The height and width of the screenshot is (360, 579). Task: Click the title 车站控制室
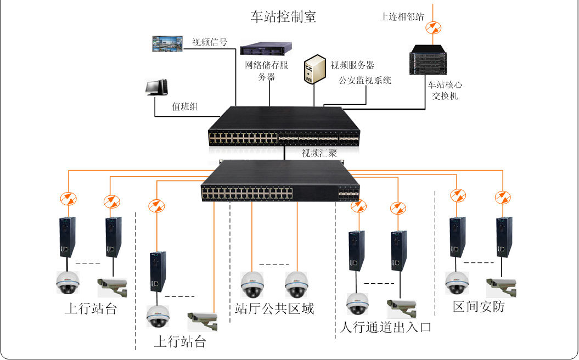[x=283, y=16]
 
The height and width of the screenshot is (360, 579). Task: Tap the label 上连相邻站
[x=402, y=16]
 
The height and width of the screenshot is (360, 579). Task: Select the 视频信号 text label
[x=210, y=42]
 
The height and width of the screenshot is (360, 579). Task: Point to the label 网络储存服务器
[x=267, y=71]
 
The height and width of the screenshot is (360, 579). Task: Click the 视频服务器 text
[x=352, y=65]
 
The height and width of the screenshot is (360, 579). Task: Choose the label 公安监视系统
[x=365, y=81]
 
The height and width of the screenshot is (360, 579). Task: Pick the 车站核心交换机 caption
[x=445, y=91]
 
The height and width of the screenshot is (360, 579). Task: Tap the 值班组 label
[x=185, y=106]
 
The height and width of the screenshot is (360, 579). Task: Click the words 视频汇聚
[x=319, y=153]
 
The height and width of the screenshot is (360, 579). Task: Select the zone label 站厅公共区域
[x=274, y=308]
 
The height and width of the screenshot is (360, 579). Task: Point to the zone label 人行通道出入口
[x=386, y=328]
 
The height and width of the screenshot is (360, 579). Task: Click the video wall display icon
[x=168, y=44]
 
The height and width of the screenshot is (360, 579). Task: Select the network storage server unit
[x=266, y=48]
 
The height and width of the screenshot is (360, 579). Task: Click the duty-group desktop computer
[x=156, y=88]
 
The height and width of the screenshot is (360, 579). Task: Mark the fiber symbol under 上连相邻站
[x=434, y=26]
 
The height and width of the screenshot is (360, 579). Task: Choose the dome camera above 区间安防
[x=457, y=283]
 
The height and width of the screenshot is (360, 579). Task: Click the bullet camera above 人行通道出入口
[x=402, y=307]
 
